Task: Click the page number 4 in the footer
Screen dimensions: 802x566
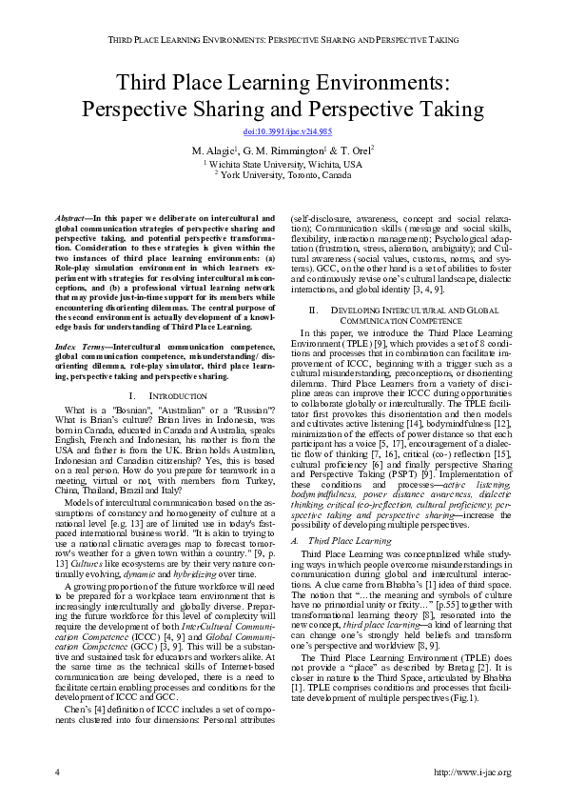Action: (57, 772)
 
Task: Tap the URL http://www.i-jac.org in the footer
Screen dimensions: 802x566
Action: (472, 772)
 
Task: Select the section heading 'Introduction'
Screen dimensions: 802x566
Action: (179, 394)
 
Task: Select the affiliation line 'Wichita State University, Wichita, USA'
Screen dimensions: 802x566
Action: (283, 164)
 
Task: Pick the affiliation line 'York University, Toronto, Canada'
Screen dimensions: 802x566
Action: (283, 174)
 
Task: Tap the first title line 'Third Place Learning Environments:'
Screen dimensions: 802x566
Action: (283, 81)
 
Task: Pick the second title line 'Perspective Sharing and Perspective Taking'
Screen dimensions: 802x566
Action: (283, 108)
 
